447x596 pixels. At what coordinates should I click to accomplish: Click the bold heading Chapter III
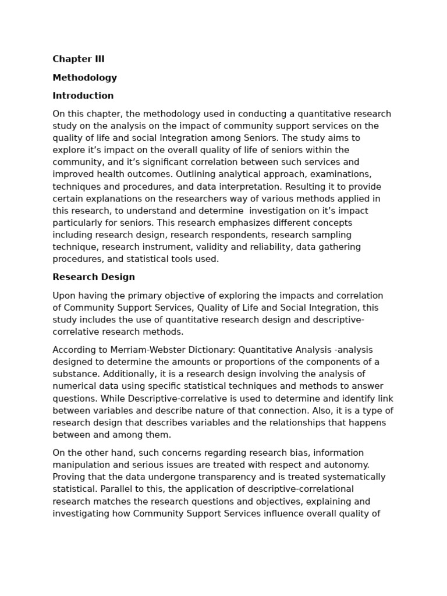[79, 59]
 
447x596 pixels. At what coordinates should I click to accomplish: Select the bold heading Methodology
[84, 77]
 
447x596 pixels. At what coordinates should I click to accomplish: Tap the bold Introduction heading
[83, 95]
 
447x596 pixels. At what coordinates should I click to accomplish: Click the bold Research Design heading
[94, 277]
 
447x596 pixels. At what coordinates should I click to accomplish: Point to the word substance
[74, 374]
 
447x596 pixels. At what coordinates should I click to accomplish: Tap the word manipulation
[80, 464]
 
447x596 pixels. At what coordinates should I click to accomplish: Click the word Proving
[69, 477]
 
